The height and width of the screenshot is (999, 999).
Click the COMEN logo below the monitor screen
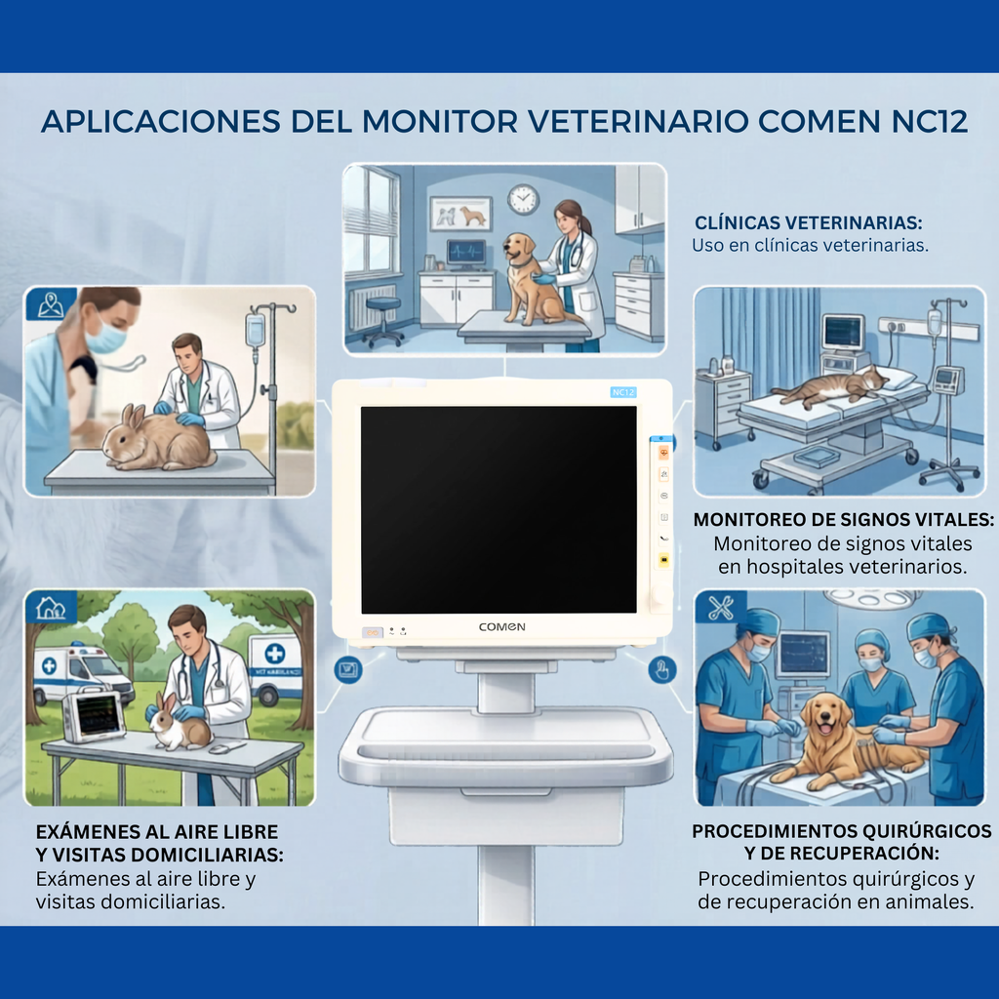coord(501,627)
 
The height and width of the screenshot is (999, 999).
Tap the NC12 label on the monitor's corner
coord(623,391)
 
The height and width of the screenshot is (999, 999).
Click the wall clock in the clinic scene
coord(523,199)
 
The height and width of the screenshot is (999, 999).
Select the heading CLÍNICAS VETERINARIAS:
coord(808,222)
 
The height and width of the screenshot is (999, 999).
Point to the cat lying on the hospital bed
coord(827,386)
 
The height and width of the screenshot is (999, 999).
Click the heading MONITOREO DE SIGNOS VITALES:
coord(844,519)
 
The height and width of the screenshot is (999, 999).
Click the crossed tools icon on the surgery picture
coord(721,608)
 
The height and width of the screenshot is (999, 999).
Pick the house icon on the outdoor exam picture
coord(50,608)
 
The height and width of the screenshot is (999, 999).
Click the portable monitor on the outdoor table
coord(95,715)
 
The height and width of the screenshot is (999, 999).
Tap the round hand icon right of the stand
coord(661,670)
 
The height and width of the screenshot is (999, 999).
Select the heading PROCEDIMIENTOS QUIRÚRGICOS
coord(842,832)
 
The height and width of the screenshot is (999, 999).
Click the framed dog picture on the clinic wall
coord(460,213)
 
